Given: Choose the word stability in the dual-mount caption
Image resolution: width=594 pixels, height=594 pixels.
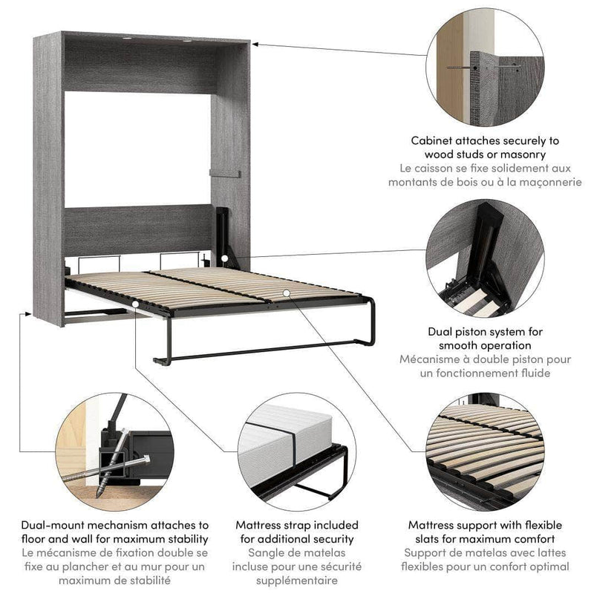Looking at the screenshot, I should pyautogui.click(x=183, y=539).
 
